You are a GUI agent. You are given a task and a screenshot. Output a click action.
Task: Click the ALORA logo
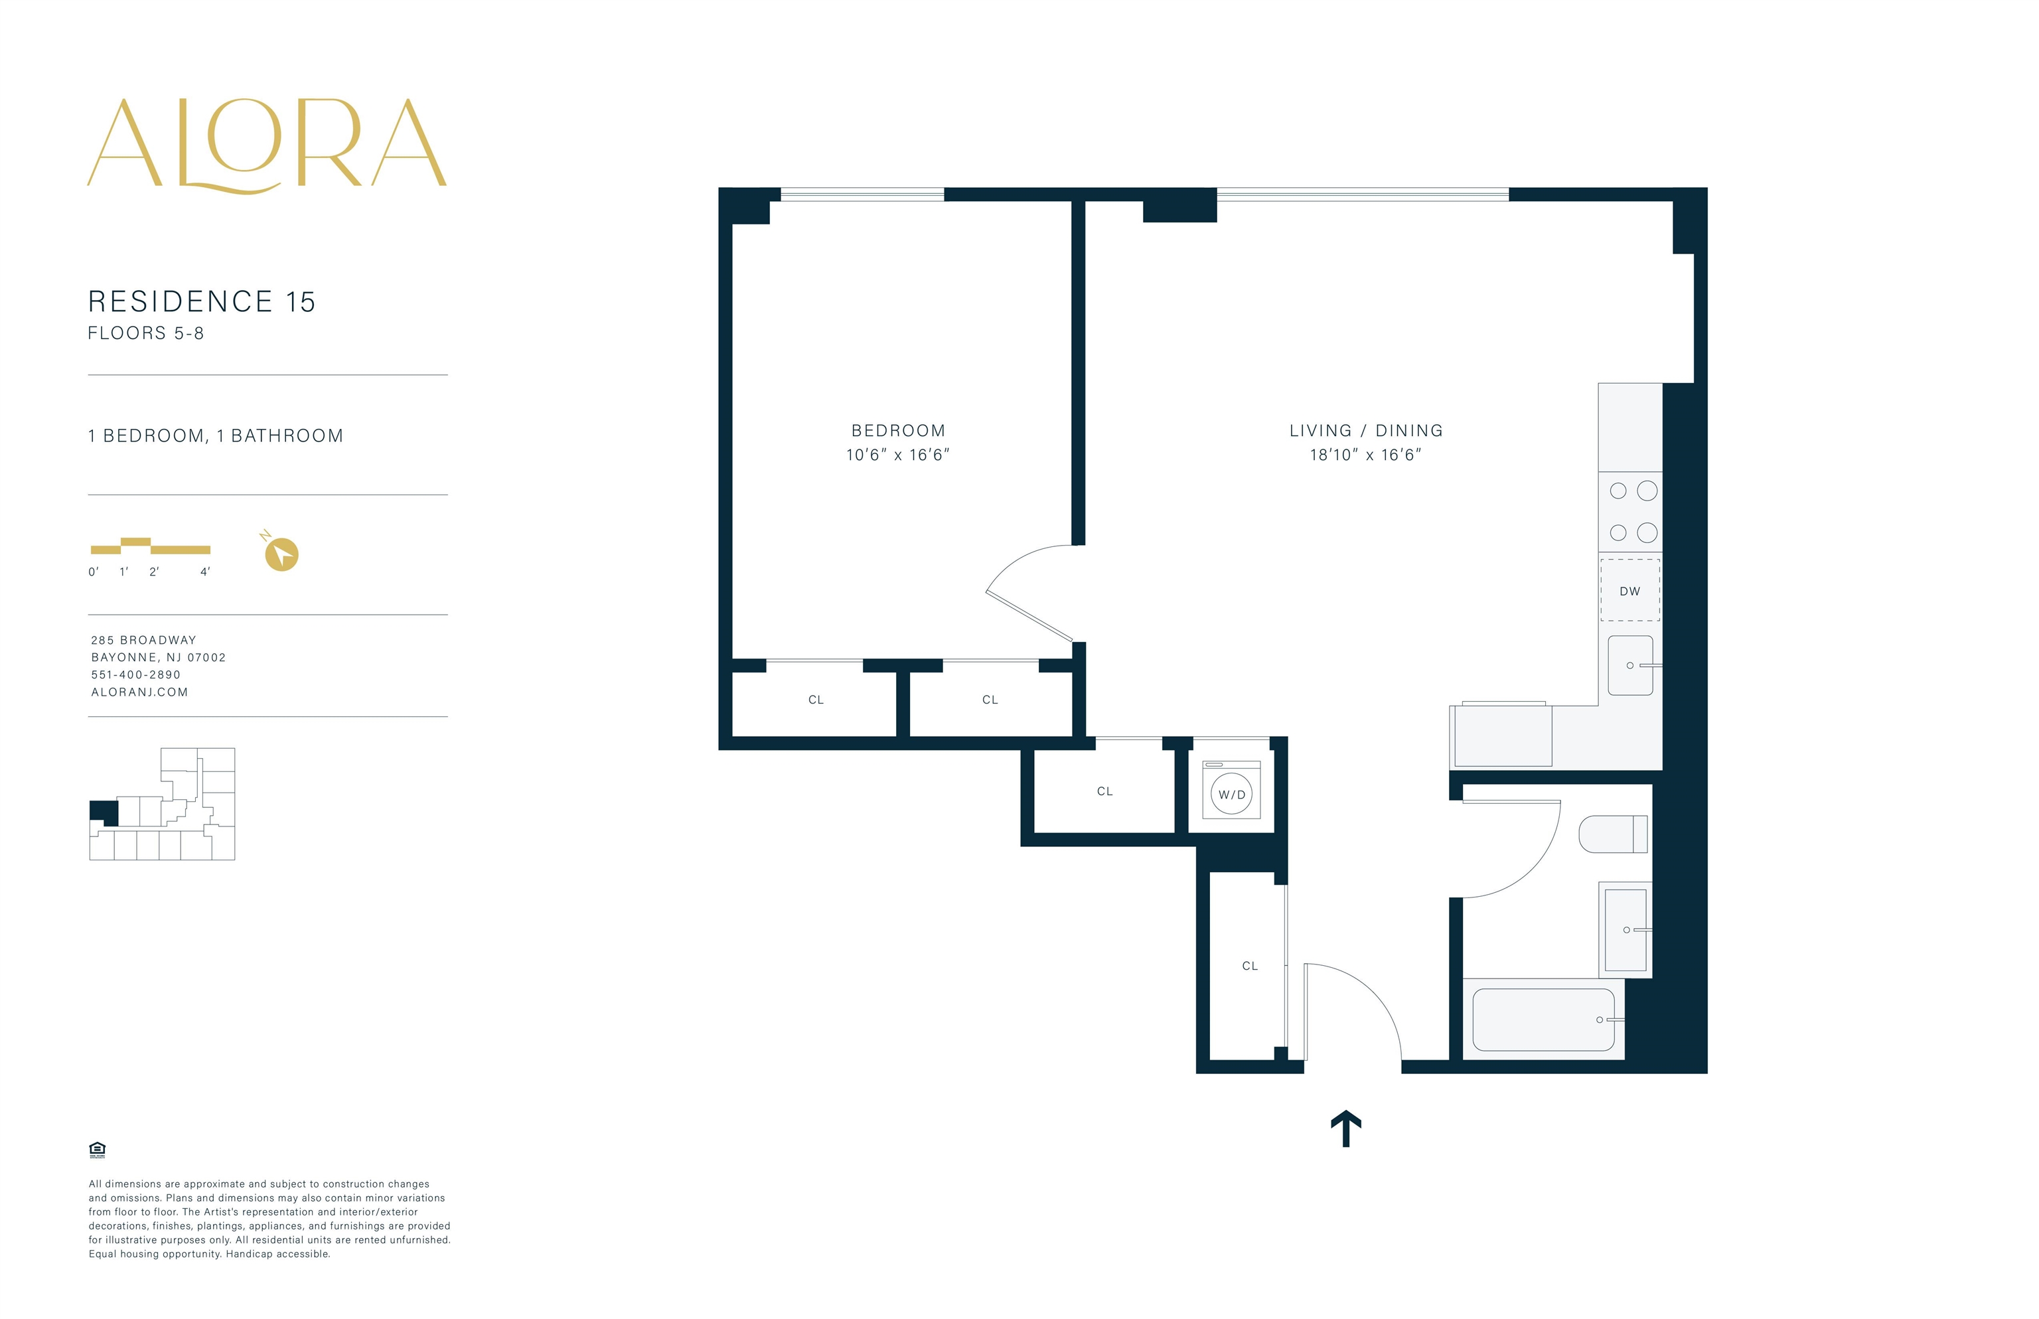266,145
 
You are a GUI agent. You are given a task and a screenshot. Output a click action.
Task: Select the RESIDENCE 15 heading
202,301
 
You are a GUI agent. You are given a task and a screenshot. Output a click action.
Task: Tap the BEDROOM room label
897,431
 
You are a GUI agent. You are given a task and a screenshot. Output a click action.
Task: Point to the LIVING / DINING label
1365,431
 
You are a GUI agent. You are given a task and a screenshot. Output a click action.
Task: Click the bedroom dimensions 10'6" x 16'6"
897,455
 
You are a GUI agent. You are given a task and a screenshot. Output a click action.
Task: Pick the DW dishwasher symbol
1629,590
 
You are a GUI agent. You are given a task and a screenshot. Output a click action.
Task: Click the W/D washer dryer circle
1231,794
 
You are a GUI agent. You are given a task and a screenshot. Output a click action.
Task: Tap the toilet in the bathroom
1612,833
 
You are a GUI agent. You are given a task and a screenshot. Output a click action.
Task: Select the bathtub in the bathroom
1543,1019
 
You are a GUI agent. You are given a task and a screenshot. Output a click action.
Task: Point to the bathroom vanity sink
1625,929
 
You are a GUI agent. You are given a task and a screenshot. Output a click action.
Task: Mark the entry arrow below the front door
1345,1128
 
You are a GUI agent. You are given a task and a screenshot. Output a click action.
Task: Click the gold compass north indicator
281,554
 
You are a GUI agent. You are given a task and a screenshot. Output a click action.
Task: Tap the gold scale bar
151,546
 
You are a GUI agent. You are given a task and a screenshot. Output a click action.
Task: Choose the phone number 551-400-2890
135,675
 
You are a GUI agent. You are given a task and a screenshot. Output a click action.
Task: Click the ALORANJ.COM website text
139,692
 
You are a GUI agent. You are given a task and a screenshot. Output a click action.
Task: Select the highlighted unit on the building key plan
104,812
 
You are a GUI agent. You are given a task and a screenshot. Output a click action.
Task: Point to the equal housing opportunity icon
97,1150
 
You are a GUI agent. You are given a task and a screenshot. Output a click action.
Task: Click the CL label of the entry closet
1249,966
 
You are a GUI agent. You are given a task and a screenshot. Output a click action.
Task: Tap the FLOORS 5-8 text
145,333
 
